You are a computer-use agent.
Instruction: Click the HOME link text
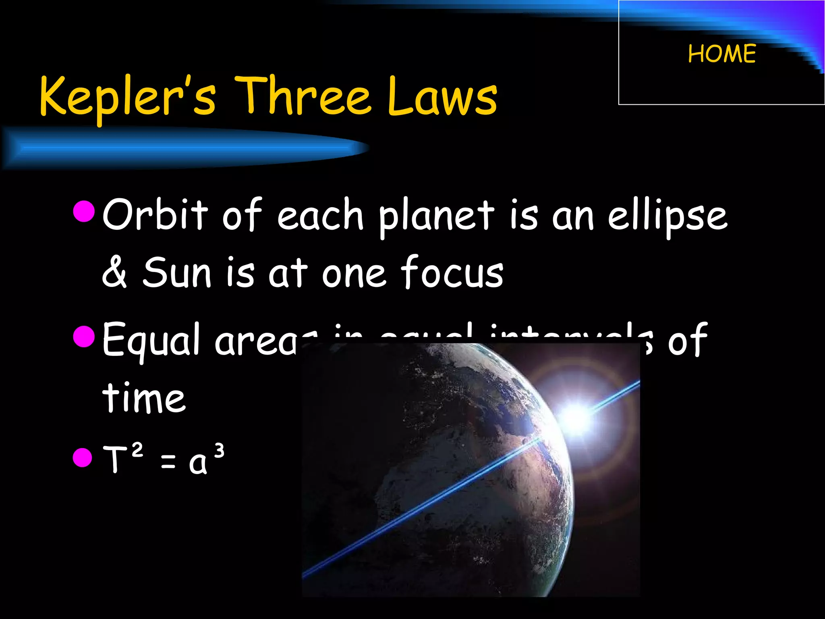tap(722, 54)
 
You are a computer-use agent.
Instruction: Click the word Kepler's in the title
tap(127, 97)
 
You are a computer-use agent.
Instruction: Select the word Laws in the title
tap(442, 97)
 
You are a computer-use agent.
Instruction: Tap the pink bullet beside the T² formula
tap(83, 457)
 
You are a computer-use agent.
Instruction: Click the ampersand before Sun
tap(114, 273)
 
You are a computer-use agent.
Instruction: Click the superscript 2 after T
tap(137, 450)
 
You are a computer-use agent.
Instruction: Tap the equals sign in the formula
tap(168, 462)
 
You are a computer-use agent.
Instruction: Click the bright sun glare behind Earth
tap(576, 417)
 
